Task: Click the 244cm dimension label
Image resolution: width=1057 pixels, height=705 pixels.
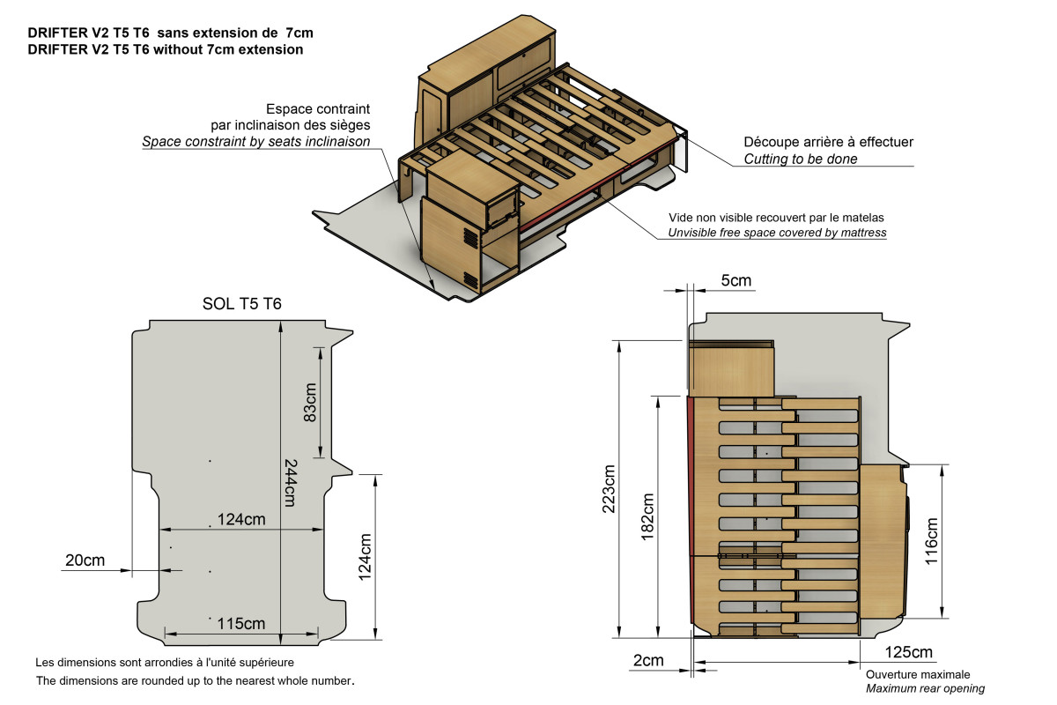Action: tap(289, 482)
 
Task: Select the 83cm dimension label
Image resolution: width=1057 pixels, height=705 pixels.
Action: tap(310, 401)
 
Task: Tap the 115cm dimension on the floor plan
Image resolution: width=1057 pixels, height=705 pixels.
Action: tap(240, 623)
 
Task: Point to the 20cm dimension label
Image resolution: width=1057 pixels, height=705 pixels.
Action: tap(85, 560)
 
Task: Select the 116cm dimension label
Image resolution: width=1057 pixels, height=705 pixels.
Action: tap(931, 540)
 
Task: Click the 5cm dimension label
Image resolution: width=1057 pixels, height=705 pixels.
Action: tap(736, 281)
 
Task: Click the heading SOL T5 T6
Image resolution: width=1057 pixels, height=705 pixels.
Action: tap(241, 305)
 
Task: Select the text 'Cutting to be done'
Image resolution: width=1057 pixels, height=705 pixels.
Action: tap(800, 160)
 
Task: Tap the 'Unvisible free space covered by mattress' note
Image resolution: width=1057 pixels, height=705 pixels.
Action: tap(776, 233)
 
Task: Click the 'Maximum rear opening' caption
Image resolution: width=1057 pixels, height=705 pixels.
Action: tap(925, 688)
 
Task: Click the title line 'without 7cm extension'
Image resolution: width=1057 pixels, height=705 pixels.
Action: tap(166, 49)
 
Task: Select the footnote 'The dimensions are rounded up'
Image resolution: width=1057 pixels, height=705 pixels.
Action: tap(195, 680)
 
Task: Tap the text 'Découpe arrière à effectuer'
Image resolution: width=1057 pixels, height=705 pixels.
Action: tap(828, 142)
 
